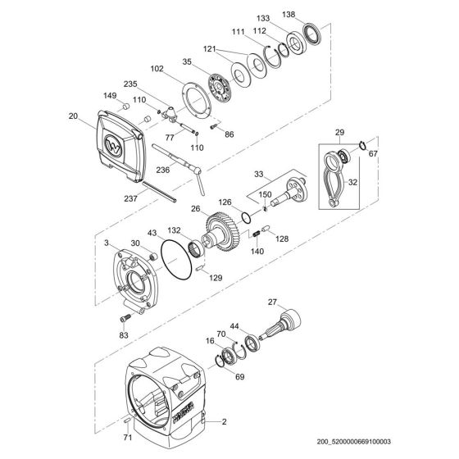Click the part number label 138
312,15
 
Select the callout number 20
74,117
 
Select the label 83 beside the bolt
123,334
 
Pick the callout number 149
107,94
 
